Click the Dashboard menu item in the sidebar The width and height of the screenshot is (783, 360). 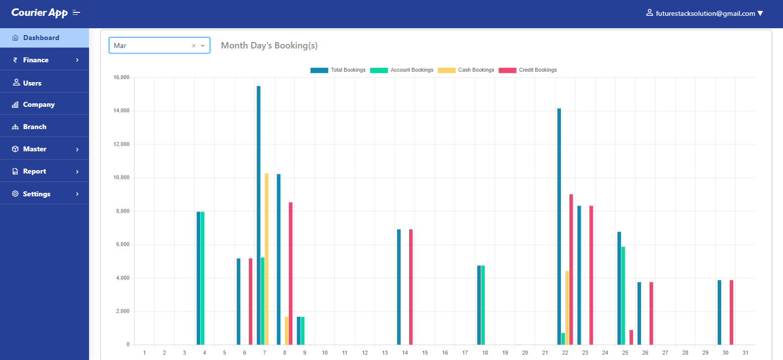(x=41, y=38)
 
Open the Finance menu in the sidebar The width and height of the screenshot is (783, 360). (x=36, y=60)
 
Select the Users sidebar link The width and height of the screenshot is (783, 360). (x=32, y=83)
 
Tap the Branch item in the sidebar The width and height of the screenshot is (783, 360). (x=35, y=127)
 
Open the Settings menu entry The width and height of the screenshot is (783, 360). (x=37, y=194)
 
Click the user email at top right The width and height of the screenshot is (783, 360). (x=705, y=13)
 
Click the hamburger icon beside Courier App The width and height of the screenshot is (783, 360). (x=76, y=12)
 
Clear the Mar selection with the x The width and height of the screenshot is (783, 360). (x=194, y=45)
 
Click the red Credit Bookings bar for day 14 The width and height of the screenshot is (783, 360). (x=411, y=287)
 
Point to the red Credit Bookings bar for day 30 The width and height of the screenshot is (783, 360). (x=732, y=312)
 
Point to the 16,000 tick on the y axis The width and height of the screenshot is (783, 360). (x=121, y=77)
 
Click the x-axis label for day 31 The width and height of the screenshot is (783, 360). (x=745, y=353)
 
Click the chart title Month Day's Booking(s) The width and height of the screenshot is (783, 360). (x=269, y=45)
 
